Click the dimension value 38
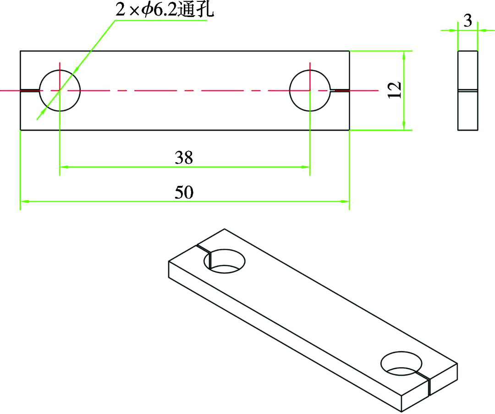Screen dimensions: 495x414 [184, 157]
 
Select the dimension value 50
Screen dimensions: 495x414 [184, 192]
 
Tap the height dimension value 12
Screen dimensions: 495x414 [395, 90]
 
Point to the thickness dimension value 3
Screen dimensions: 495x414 [467, 21]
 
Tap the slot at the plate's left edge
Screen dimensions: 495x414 [30, 91]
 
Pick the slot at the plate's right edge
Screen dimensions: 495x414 [340, 91]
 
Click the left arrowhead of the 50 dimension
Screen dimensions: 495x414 [23, 201]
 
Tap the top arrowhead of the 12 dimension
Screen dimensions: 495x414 [404, 54]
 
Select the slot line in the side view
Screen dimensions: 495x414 [468, 90]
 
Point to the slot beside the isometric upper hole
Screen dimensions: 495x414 [203, 250]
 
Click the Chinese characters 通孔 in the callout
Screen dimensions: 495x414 [196, 10]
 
